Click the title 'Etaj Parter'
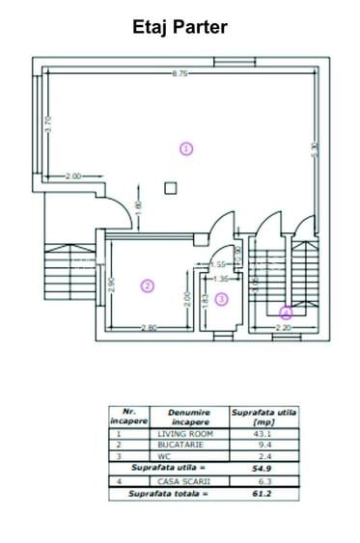180,28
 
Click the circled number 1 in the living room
186,148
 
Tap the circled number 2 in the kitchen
147,285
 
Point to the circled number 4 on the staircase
286,312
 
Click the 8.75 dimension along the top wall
179,74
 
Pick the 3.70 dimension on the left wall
45,125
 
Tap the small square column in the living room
170,188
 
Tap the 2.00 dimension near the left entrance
72,176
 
